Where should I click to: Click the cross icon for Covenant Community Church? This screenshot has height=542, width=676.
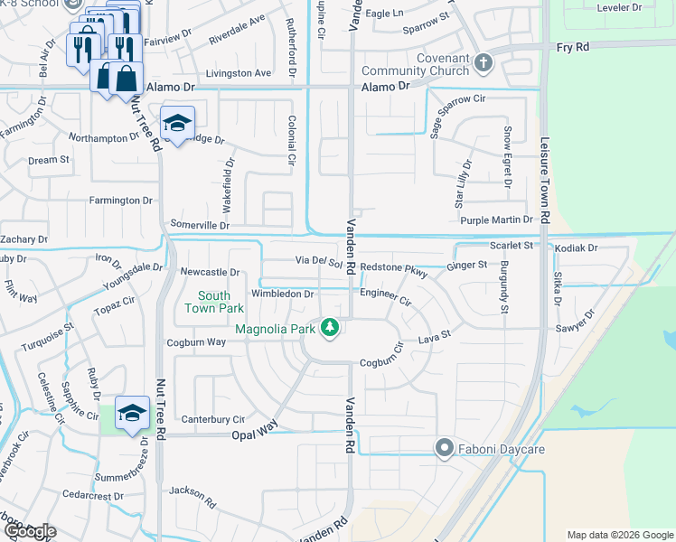tap(484, 62)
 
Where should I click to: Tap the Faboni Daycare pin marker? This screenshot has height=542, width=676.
tap(444, 447)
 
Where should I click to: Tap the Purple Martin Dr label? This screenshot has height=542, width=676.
tap(500, 220)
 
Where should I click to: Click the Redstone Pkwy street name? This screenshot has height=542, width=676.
tap(393, 267)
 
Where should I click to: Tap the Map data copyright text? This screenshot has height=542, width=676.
tap(620, 535)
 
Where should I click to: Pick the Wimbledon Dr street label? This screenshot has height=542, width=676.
tap(282, 294)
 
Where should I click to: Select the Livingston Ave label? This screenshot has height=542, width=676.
tap(239, 72)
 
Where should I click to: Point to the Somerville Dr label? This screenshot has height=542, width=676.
tap(199, 225)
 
